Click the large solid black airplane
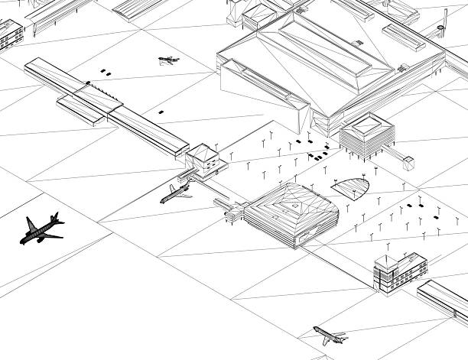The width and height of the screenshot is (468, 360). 41,229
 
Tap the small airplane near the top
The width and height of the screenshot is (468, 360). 168,60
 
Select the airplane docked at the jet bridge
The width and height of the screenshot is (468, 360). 175,193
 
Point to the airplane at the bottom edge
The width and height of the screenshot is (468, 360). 330,335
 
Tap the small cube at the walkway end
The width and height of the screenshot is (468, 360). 409,162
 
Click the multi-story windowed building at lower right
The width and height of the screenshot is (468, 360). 399,273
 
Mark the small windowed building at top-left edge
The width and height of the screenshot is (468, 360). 11,32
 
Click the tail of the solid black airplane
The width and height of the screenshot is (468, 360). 55,219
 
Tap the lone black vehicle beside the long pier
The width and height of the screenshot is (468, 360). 161,112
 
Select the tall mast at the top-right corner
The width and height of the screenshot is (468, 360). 444,19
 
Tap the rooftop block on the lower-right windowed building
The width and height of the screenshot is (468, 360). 386,264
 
